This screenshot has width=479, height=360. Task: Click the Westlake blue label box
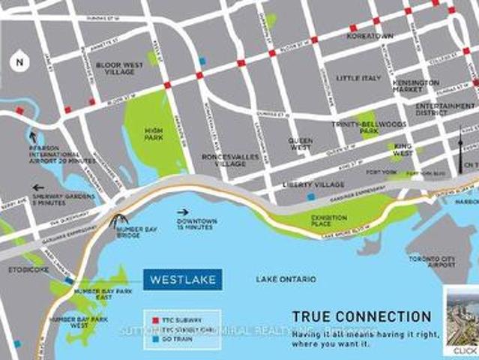183,280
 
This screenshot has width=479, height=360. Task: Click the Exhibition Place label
329,221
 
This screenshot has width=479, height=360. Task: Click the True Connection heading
361,316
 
